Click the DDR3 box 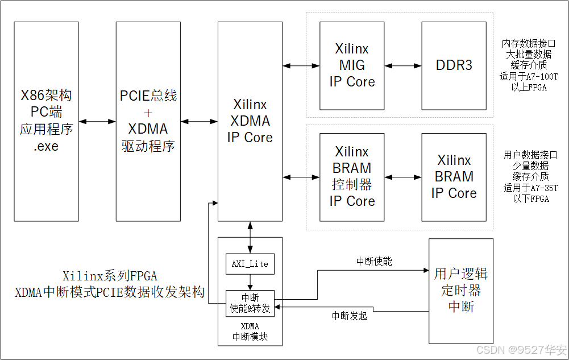click(x=454, y=65)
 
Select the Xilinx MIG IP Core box click(x=352, y=65)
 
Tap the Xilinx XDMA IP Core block click(x=250, y=121)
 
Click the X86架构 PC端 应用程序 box click(x=47, y=121)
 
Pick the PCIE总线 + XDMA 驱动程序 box click(x=148, y=121)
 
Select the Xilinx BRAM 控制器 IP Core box click(x=352, y=177)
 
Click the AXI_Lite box click(x=250, y=263)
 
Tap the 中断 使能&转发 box click(x=250, y=304)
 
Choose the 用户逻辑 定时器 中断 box click(x=460, y=290)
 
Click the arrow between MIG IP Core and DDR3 click(x=403, y=66)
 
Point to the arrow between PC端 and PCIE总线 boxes click(x=97, y=121)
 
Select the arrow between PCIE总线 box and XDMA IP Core click(x=199, y=121)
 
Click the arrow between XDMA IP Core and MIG click(x=301, y=66)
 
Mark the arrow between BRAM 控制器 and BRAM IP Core click(x=403, y=177)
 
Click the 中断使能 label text click(x=374, y=262)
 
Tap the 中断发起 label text click(x=350, y=316)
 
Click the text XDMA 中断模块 click(x=250, y=332)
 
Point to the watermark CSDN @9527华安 click(x=521, y=349)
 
